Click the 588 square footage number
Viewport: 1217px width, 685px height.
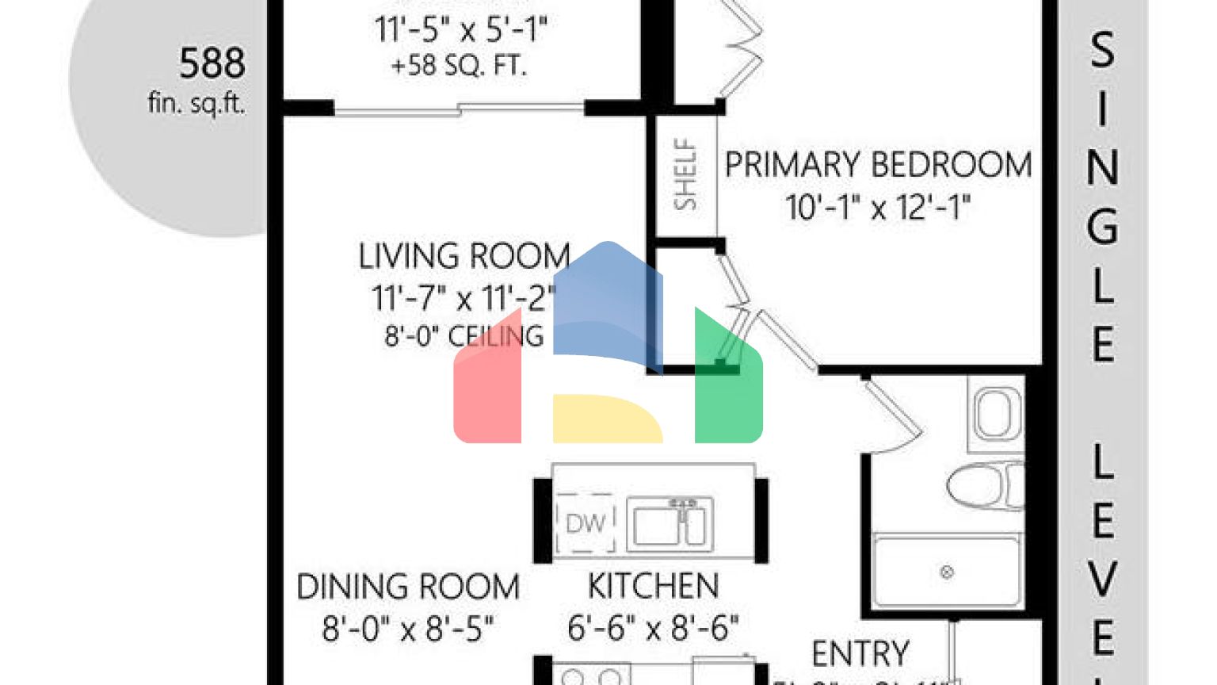click(212, 63)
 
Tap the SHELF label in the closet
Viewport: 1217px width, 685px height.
click(685, 174)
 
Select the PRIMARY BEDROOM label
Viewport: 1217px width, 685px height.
click(878, 165)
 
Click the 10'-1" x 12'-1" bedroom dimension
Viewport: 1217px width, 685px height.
click(878, 208)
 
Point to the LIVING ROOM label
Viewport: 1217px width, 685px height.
click(464, 257)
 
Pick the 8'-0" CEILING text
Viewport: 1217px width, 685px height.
click(464, 336)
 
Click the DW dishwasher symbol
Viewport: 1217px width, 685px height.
click(586, 523)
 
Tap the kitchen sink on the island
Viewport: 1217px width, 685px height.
click(670, 524)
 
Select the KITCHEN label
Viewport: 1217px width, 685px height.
click(653, 587)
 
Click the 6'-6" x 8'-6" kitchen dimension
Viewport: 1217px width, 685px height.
click(653, 628)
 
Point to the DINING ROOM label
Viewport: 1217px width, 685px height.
click(408, 587)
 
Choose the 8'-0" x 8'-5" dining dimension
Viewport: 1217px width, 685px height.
click(408, 630)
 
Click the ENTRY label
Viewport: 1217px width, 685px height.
click(860, 654)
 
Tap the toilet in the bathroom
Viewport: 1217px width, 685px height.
click(982, 484)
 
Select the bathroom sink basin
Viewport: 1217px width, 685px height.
click(995, 412)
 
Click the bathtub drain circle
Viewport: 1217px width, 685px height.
click(946, 572)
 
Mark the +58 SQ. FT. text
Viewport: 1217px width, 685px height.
click(460, 65)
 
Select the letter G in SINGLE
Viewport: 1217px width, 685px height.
click(1102, 227)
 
